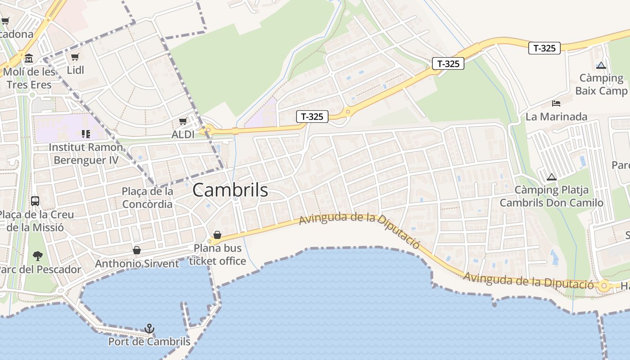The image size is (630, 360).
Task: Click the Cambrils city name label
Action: click(230, 190)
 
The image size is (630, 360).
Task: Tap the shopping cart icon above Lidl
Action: click(75, 57)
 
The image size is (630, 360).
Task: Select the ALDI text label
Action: click(183, 134)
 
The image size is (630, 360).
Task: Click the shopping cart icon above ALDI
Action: click(183, 121)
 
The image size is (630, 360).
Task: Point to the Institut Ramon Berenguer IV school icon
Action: click(85, 134)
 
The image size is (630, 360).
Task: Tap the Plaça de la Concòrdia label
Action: click(147, 198)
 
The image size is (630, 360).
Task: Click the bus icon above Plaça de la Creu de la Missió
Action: click(35, 201)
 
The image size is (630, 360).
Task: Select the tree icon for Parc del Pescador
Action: click(38, 256)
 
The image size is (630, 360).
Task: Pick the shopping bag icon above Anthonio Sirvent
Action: click(137, 250)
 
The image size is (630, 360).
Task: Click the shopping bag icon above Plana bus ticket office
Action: click(217, 235)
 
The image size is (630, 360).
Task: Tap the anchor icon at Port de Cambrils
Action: click(149, 328)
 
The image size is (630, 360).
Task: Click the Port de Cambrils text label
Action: click(149, 342)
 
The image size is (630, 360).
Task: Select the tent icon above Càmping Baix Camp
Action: click(601, 65)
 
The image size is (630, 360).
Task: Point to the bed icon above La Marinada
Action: click(556, 103)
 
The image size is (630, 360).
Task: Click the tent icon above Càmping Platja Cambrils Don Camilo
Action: click(551, 177)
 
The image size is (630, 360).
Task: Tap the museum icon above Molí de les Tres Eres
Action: click(29, 58)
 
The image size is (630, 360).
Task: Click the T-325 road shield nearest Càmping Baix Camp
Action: click(544, 48)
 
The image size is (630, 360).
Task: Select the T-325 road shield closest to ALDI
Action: click(312, 117)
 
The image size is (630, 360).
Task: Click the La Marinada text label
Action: click(556, 117)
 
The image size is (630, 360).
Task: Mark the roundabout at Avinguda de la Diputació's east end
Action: click(604, 285)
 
